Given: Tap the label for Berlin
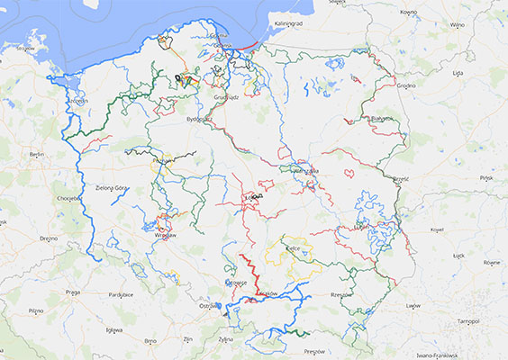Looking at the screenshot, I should [x=36, y=155].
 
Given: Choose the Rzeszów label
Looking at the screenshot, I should [x=341, y=293].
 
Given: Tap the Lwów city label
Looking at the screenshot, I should [x=413, y=306].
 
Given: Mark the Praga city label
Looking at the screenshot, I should [x=74, y=292].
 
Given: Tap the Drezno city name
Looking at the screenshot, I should [x=49, y=238].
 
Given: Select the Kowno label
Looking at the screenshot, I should [x=409, y=13].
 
